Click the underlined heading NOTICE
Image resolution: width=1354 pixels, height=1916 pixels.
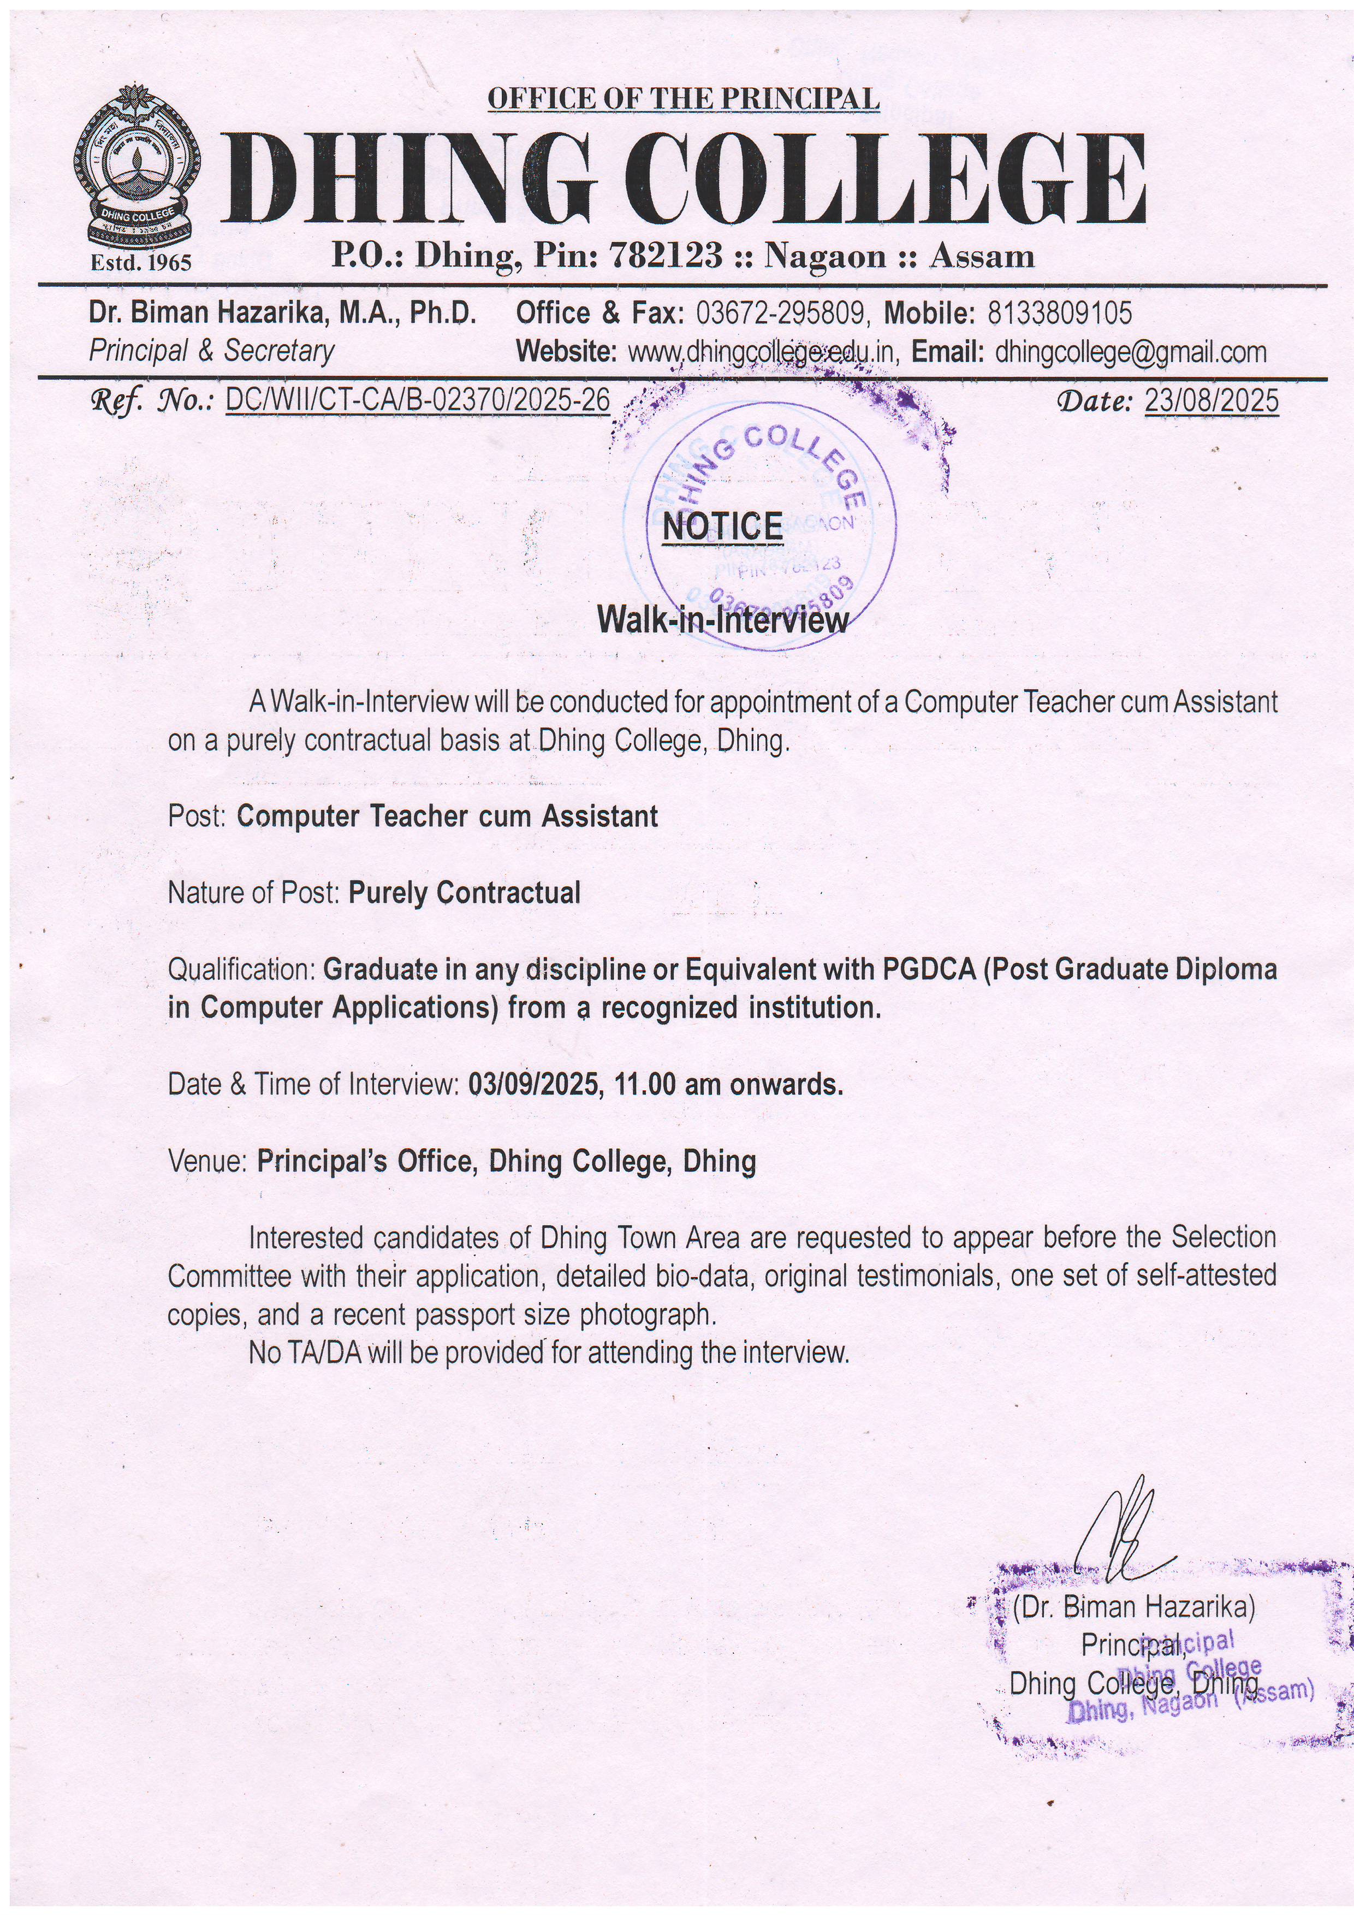[722, 527]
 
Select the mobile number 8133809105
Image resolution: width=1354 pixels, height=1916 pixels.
[1060, 313]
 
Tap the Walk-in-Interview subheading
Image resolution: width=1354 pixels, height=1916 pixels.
[722, 620]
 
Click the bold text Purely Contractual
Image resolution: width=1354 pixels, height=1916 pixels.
[464, 893]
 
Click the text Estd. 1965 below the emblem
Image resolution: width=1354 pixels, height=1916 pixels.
[141, 263]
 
